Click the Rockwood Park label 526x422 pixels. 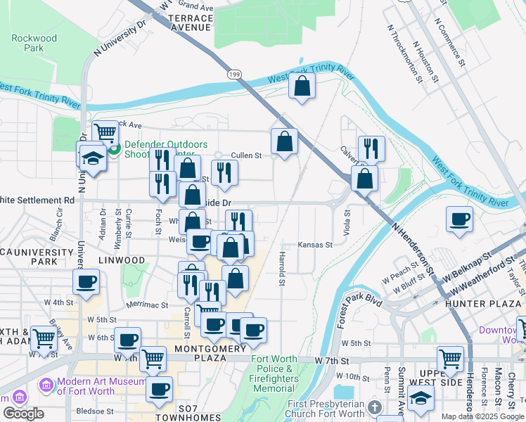pos(34,43)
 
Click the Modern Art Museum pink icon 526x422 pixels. pos(46,385)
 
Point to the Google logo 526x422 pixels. pos(23,414)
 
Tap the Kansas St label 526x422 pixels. pos(314,245)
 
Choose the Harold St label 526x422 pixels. pos(281,269)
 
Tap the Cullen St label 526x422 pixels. pos(247,155)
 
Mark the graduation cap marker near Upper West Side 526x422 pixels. pos(421,397)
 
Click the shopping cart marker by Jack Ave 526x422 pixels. pos(105,132)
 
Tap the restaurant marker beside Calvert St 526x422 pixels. pos(371,148)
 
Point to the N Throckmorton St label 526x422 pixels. pos(404,52)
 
